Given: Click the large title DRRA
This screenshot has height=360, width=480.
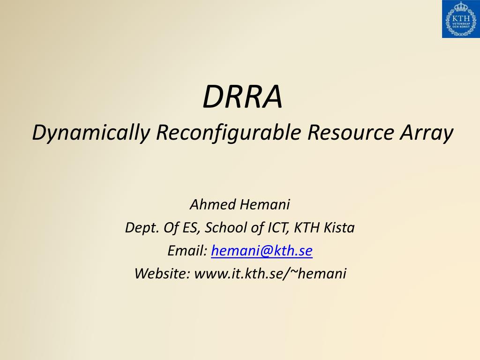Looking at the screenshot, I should point(242,97).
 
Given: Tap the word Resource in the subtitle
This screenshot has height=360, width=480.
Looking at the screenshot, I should point(350,133).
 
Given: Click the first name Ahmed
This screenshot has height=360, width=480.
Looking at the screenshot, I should point(209,205).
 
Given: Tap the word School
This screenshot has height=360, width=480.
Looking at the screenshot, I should point(223,228).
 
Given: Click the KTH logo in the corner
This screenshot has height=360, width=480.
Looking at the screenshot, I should point(460,19).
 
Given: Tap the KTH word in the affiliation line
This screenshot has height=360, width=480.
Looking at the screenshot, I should point(307,228).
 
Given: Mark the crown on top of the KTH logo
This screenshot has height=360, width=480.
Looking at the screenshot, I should point(460,7).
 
